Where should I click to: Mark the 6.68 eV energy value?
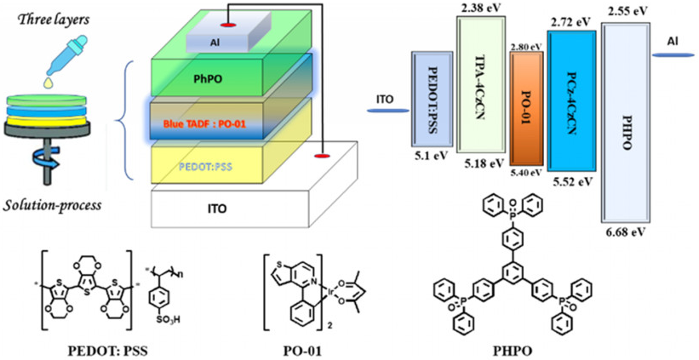[x=627, y=232]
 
